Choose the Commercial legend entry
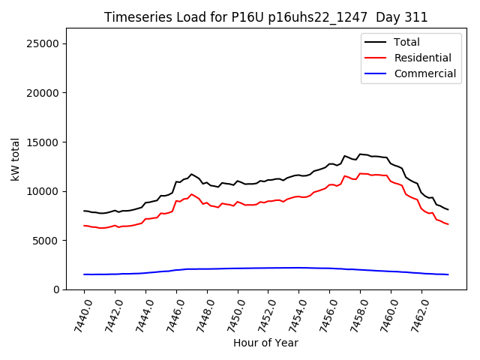tap(424, 73)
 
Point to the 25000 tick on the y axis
tap(43, 43)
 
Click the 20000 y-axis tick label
tap(43, 93)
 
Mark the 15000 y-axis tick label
tap(43, 142)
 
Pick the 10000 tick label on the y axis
tap(43, 191)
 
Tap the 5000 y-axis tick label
tap(46, 240)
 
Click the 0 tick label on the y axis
tap(55, 289)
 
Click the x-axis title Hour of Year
tap(265, 343)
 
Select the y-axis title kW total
tap(15, 159)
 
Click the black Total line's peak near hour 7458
tap(360, 154)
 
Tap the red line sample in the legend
tap(376, 58)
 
